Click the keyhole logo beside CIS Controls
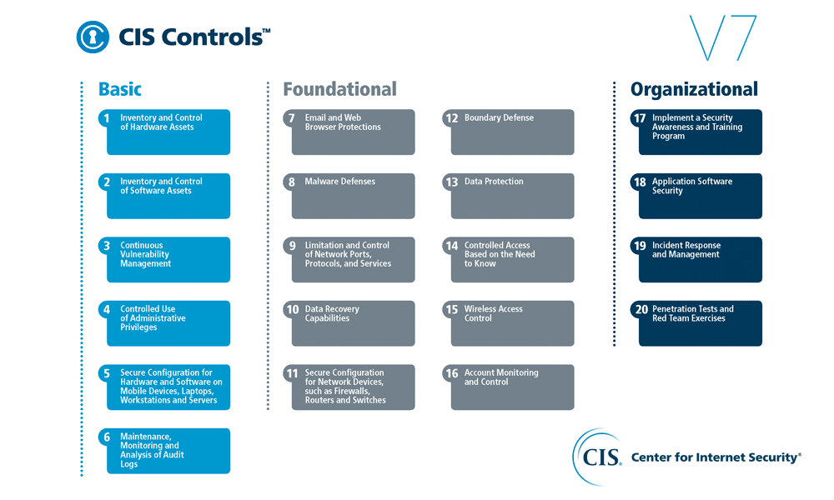click(93, 37)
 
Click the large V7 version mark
click(723, 37)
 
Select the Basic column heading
click(119, 89)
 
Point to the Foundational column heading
click(340, 89)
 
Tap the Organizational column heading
click(694, 89)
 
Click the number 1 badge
click(107, 118)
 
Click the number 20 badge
click(641, 309)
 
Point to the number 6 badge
click(107, 437)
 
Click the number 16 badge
click(451, 373)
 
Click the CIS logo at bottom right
click(597, 457)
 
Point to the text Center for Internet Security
click(716, 457)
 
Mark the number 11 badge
click(292, 373)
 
